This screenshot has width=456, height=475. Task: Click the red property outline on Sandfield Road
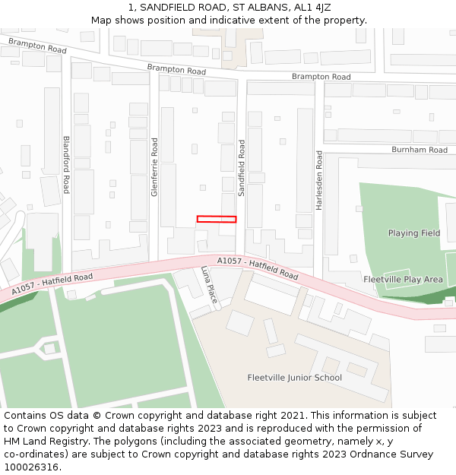pos(217,219)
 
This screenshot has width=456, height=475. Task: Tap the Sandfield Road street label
pos(242,169)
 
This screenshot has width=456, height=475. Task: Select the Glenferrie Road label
pos(154,167)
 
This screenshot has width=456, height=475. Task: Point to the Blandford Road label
pos(66,164)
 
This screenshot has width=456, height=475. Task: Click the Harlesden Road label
pos(319,180)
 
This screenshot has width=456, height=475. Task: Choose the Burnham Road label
pos(420,150)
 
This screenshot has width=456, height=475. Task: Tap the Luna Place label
pos(210,285)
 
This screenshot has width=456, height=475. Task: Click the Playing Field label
pos(414,233)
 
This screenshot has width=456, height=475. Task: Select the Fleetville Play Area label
pos(403,280)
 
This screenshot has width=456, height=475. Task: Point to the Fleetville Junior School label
pos(295,378)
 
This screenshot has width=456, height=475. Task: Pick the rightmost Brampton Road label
pos(321,77)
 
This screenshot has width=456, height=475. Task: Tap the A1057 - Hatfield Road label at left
pos(52,285)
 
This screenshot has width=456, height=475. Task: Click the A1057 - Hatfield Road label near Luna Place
pos(258,268)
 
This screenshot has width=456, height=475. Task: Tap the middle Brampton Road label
pos(176,69)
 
